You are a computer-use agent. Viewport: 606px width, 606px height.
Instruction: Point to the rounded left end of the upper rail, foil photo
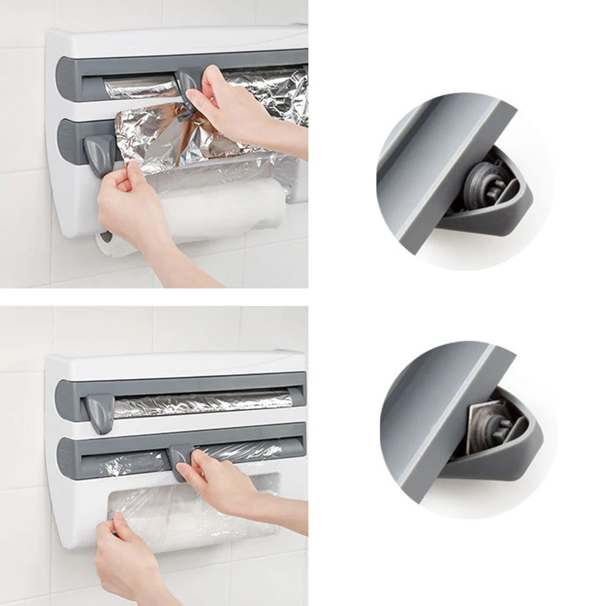[64, 79]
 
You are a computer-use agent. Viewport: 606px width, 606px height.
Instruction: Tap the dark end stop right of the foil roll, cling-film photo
[297, 397]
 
